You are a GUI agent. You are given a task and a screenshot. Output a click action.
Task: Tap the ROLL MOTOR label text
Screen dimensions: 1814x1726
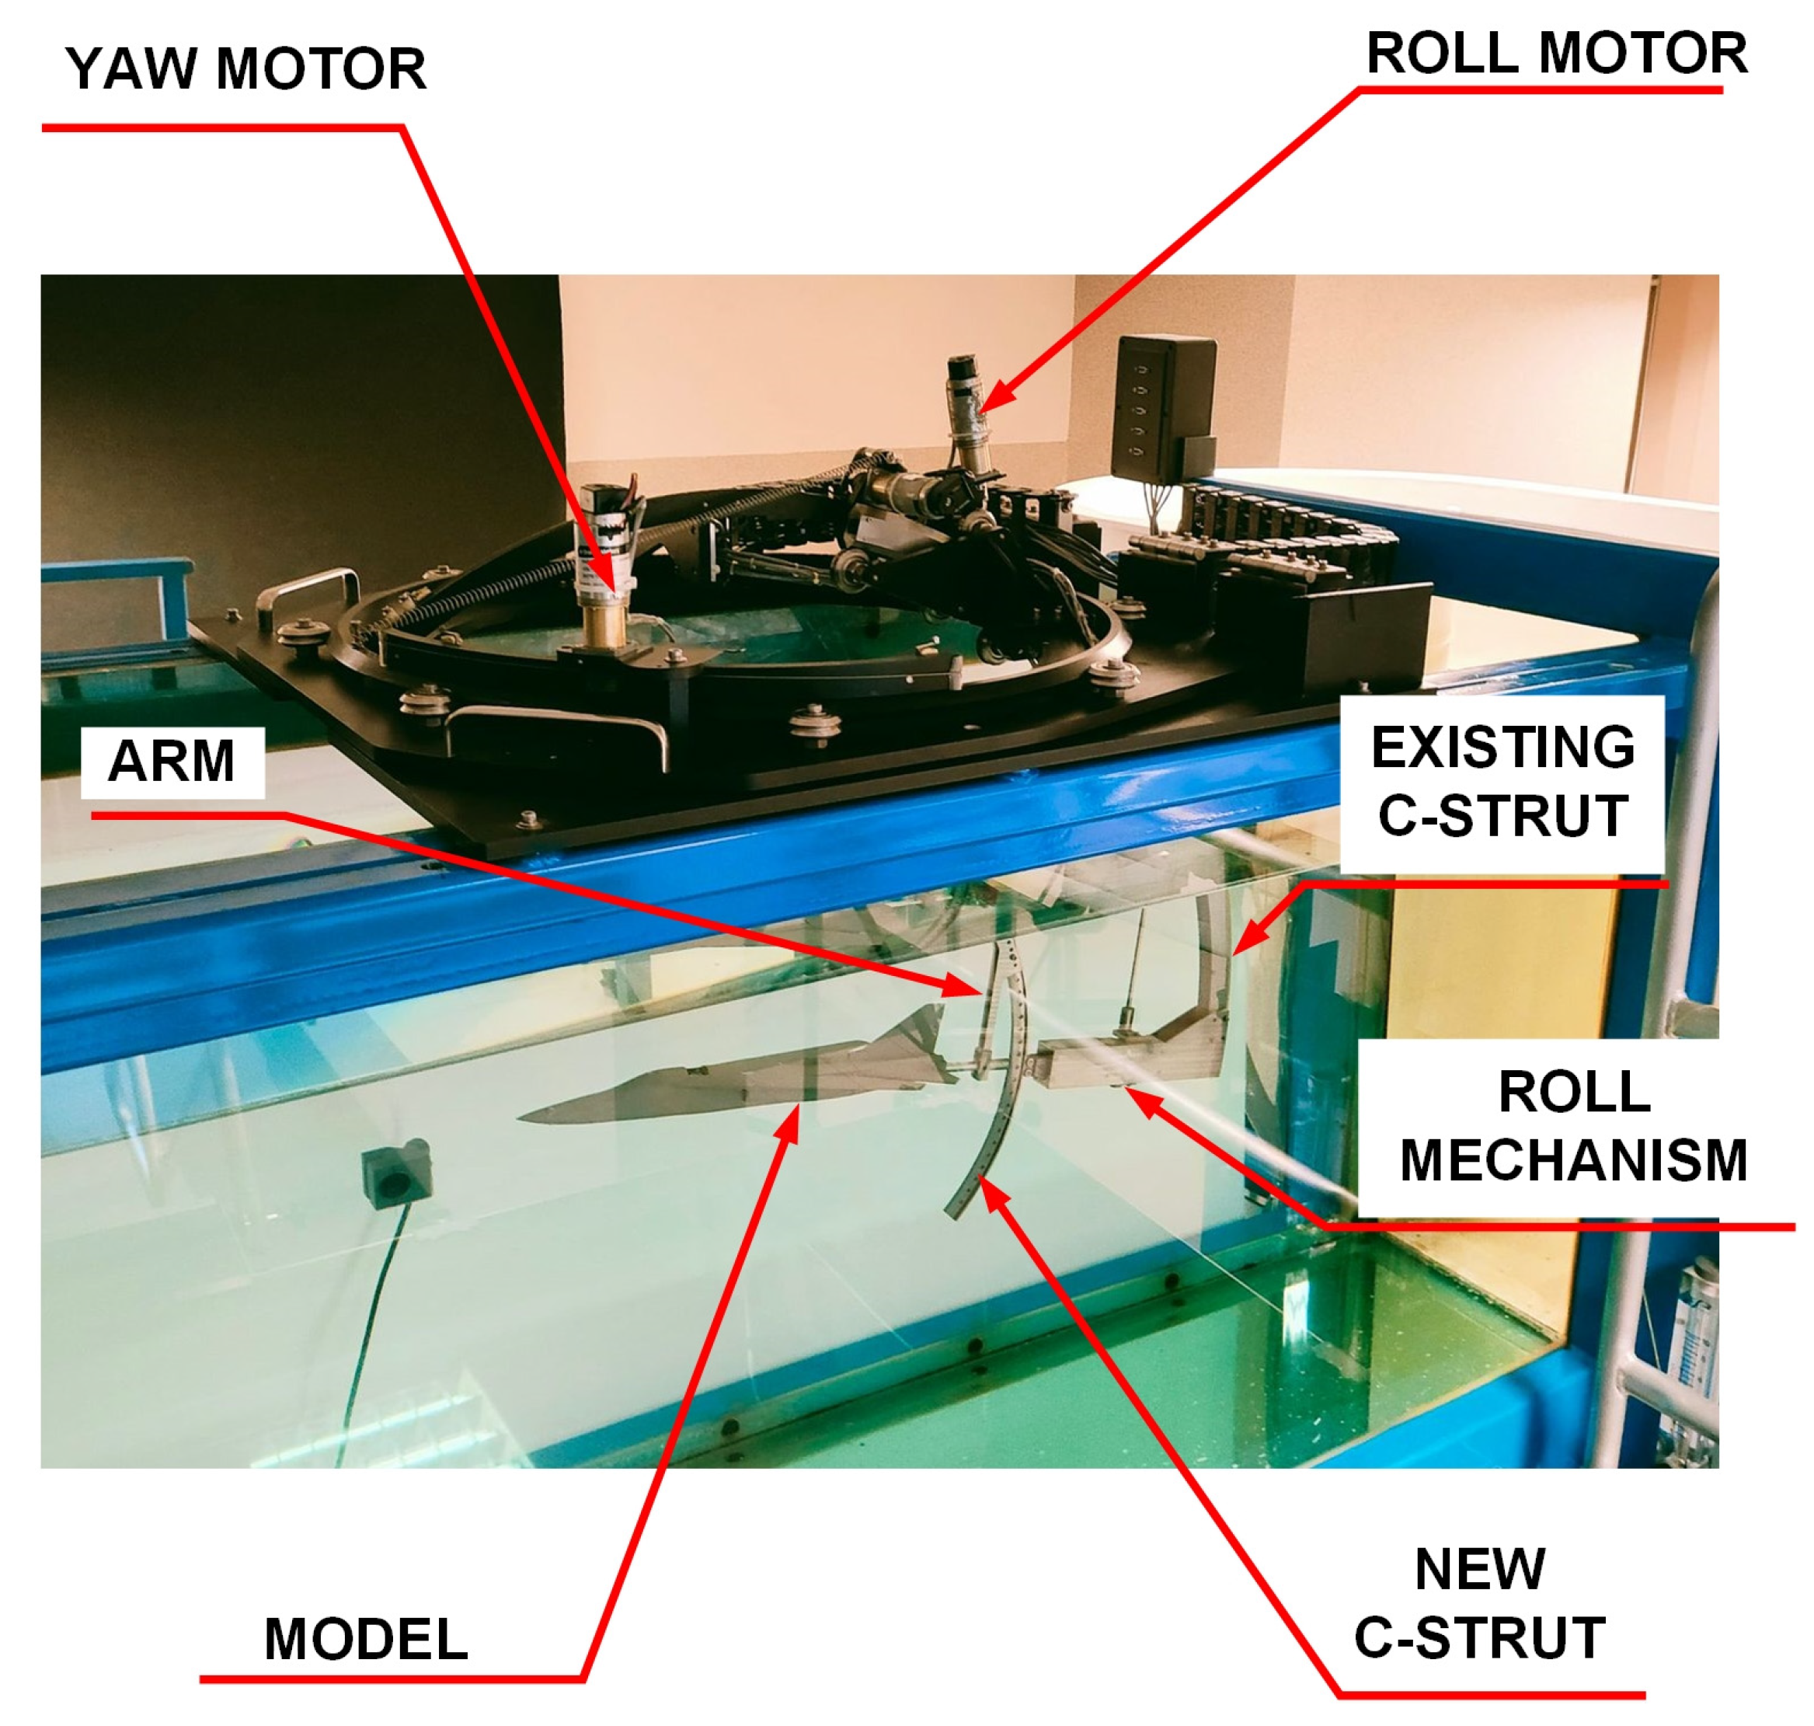click(x=1556, y=54)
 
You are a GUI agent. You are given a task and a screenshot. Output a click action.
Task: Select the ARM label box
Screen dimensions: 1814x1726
click(x=172, y=762)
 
